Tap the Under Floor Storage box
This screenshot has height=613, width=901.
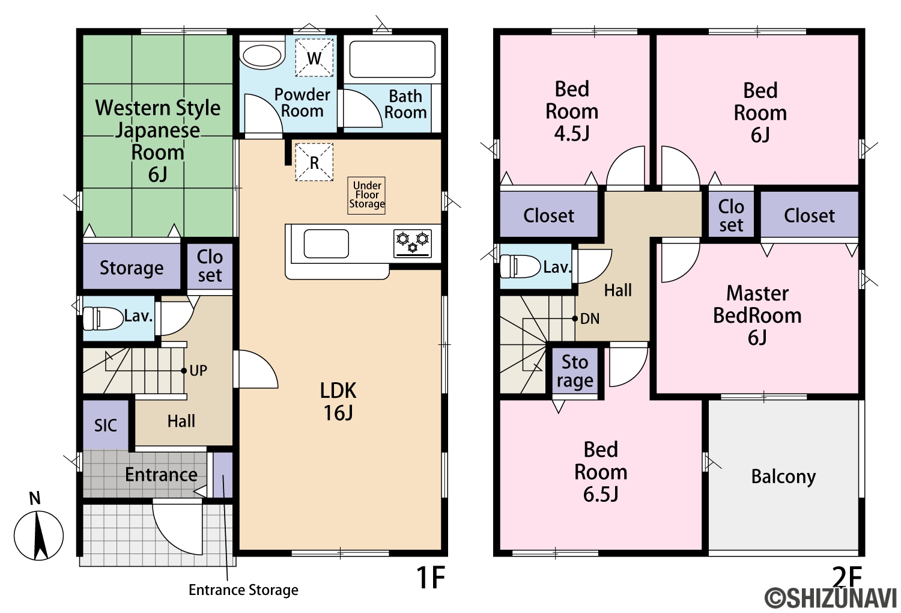366,195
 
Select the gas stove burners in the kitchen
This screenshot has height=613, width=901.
413,243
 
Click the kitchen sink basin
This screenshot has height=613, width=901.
326,243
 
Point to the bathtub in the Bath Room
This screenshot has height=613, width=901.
392,59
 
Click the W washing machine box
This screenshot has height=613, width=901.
314,58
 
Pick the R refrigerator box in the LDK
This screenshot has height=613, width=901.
314,162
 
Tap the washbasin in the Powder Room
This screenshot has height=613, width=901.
262,56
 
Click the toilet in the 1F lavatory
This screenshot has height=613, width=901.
103,319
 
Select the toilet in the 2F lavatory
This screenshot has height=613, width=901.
520,266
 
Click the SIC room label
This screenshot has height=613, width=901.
105,425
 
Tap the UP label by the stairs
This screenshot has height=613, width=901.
198,370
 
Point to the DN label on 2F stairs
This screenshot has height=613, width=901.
590,319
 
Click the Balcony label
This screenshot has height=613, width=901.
783,477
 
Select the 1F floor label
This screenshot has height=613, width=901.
431,578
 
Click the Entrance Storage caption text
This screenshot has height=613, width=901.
243,590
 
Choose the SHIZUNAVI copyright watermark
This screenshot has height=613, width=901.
830,598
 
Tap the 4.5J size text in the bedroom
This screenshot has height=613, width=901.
572,133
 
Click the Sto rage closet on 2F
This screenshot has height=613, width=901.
575,371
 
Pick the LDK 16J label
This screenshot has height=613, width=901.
338,401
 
